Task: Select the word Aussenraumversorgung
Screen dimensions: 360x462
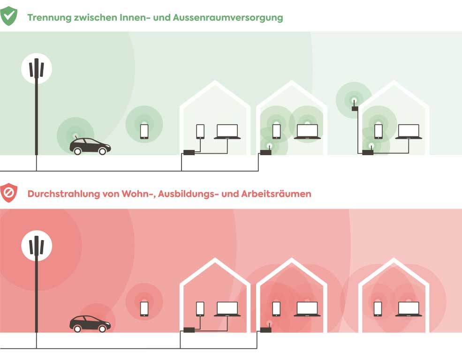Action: click(228, 18)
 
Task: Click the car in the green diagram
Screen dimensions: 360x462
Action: click(90, 146)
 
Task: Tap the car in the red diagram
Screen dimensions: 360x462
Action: click(90, 323)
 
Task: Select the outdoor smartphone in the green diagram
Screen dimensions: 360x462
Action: click(144, 131)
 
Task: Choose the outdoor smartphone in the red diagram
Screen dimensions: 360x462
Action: click(144, 308)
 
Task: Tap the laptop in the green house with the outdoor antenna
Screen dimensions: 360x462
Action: click(409, 132)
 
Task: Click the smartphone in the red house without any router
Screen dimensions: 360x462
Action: click(378, 308)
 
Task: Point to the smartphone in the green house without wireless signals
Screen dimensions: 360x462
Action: click(200, 131)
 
